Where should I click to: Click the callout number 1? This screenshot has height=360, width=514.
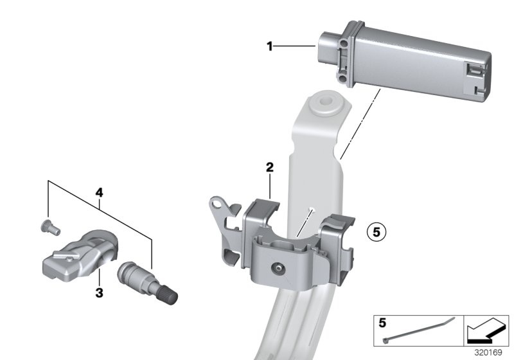(270, 46)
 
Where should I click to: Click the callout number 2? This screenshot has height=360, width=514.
(270, 168)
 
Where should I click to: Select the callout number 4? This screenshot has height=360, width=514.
(99, 192)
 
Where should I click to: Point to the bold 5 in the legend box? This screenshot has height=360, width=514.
(383, 321)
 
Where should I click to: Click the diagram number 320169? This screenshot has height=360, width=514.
(489, 352)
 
